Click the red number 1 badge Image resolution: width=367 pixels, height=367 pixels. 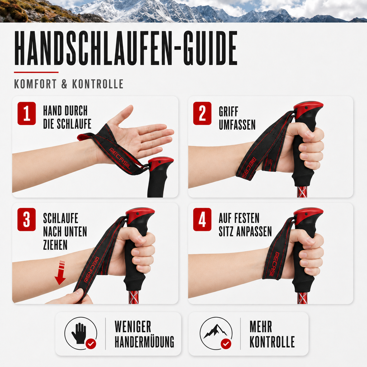coord(27,113)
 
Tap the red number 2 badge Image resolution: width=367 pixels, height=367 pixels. coord(202,113)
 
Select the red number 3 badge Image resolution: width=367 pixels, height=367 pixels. coord(27,219)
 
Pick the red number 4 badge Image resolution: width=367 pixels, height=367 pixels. coord(202,219)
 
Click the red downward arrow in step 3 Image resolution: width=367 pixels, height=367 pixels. coord(60,273)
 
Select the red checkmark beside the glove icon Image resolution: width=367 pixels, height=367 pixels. coord(91,344)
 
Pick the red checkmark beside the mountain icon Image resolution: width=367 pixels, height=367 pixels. coord(226,344)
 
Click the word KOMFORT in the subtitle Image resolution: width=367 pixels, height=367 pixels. coord(35,84)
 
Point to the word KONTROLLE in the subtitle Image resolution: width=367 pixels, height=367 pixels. coord(97,84)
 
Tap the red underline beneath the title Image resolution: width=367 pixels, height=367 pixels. coord(36,72)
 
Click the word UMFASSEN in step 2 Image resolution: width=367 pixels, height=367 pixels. coord(237,124)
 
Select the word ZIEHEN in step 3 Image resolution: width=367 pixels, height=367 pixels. coord(55,245)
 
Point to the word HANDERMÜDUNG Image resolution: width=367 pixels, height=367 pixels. coord(144,342)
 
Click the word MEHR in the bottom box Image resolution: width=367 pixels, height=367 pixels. coord(261,327)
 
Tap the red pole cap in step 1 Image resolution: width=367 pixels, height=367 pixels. coord(161,162)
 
